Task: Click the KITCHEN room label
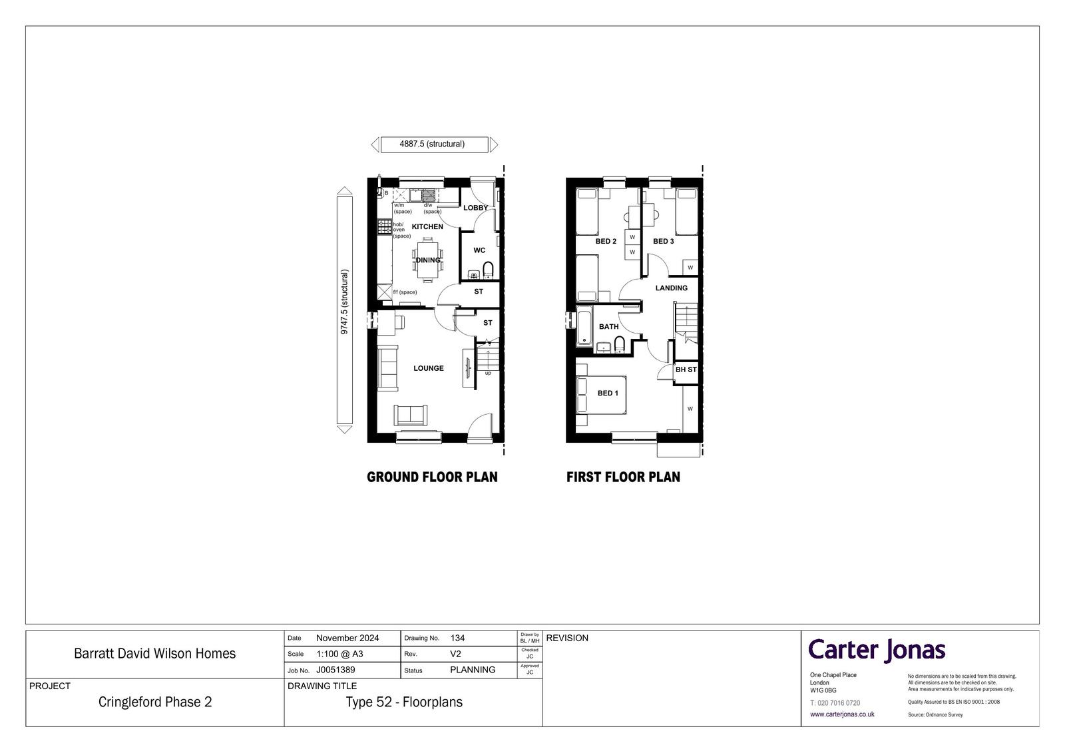(x=427, y=226)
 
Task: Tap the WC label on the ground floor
(x=479, y=250)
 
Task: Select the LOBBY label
(x=475, y=208)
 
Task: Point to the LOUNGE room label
(x=429, y=368)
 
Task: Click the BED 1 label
(x=608, y=393)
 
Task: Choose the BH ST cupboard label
(x=686, y=370)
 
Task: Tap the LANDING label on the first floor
(x=672, y=288)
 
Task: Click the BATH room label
(x=608, y=326)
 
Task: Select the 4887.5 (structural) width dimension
(x=432, y=144)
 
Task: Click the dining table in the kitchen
(x=428, y=260)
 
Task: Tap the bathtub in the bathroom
(x=584, y=326)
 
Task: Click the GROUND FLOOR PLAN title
(x=432, y=477)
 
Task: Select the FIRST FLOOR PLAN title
(x=623, y=477)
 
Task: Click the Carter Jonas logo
(x=877, y=650)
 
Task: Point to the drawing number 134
(x=457, y=638)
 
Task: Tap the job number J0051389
(x=335, y=670)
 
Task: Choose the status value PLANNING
(x=473, y=670)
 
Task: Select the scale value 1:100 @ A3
(x=339, y=654)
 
